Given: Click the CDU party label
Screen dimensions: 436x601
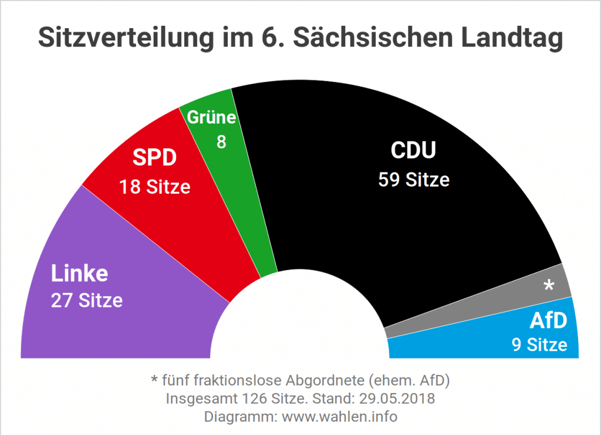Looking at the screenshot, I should pyautogui.click(x=414, y=151).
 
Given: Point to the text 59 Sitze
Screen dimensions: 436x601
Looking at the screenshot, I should pyautogui.click(x=414, y=179).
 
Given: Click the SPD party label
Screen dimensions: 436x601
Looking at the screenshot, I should pyautogui.click(x=154, y=159).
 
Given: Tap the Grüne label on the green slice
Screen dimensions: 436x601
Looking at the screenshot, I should pyautogui.click(x=211, y=118).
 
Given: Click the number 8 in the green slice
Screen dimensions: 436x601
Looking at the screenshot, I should pyautogui.click(x=221, y=142).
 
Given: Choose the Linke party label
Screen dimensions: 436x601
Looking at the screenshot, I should pyautogui.click(x=79, y=273).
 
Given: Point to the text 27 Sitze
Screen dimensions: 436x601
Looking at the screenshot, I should pyautogui.click(x=87, y=300).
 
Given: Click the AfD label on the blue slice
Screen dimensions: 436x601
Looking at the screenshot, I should pyautogui.click(x=548, y=320).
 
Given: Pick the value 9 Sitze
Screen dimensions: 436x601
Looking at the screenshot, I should pyautogui.click(x=539, y=344).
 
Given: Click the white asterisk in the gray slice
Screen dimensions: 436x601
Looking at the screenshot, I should pyautogui.click(x=549, y=286).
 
